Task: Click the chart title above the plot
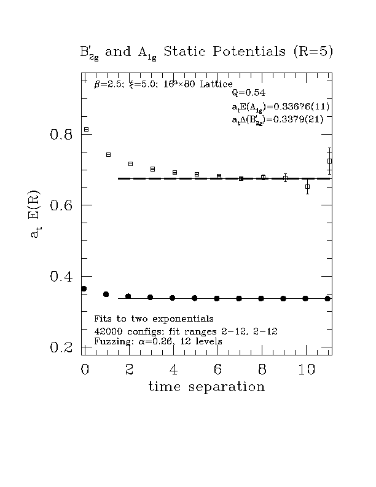pyautogui.click(x=206, y=52)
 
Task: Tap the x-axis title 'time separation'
pyautogui.click(x=206, y=387)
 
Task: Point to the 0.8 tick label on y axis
pyautogui.click(x=61, y=134)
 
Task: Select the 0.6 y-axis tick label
pyautogui.click(x=61, y=205)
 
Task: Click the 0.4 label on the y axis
pyautogui.click(x=61, y=277)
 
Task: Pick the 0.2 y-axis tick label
pyautogui.click(x=61, y=347)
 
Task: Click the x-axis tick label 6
pyautogui.click(x=218, y=370)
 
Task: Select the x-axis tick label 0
pyautogui.click(x=85, y=370)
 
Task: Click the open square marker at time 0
pyautogui.click(x=86, y=130)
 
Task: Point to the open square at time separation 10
pyautogui.click(x=308, y=186)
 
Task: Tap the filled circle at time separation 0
pyautogui.click(x=84, y=289)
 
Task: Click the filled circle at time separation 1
pyautogui.click(x=106, y=295)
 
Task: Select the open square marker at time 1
pyautogui.click(x=108, y=154)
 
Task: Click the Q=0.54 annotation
pyautogui.click(x=248, y=93)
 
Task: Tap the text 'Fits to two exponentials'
pyautogui.click(x=154, y=319)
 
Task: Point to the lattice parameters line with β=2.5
pyautogui.click(x=163, y=84)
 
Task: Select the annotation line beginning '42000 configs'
pyautogui.click(x=185, y=331)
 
